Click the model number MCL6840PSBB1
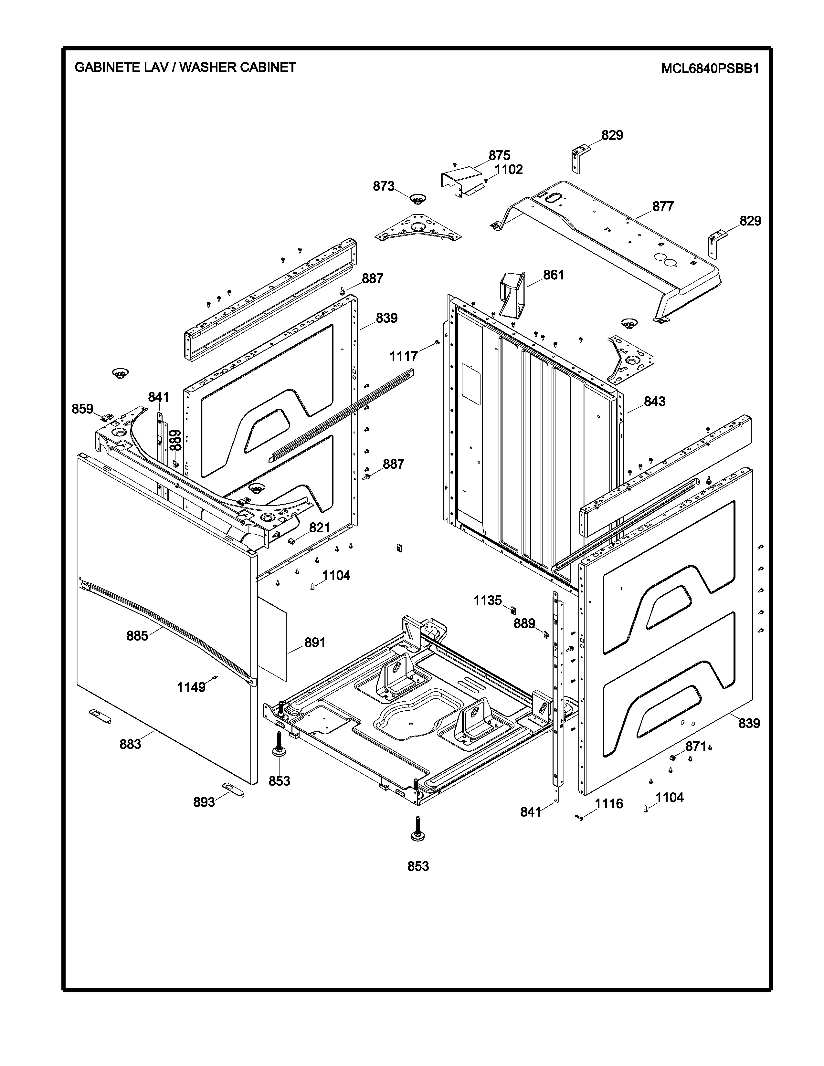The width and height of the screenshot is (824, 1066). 710,69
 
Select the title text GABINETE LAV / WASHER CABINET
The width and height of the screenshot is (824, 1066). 185,68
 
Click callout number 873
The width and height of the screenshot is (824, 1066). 383,186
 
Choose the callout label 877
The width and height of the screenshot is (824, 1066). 663,206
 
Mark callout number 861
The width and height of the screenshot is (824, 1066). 554,275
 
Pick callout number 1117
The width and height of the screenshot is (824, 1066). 404,356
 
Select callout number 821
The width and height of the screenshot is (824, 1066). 320,528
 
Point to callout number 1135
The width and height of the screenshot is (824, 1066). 488,601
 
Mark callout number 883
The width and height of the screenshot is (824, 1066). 130,744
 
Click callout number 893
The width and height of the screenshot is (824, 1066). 204,802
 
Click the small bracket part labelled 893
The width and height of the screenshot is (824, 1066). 233,789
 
